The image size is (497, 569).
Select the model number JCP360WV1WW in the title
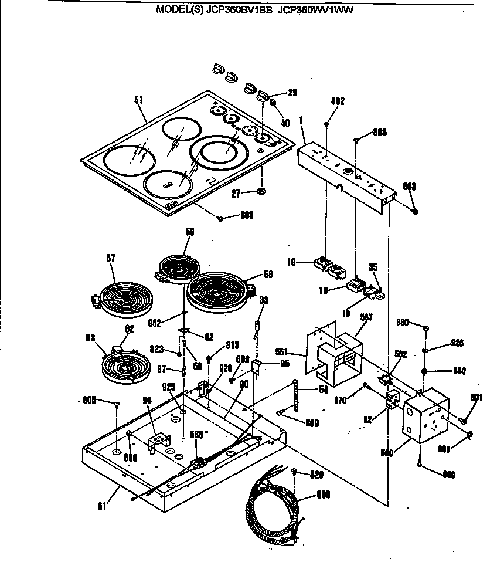(316, 10)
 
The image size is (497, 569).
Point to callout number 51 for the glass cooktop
(139, 100)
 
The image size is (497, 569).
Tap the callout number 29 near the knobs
(292, 93)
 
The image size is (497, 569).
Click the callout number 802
(338, 101)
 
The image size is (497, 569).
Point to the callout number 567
(366, 317)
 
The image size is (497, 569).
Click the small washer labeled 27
(261, 191)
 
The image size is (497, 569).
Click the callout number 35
(373, 267)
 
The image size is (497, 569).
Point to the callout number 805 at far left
(89, 400)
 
